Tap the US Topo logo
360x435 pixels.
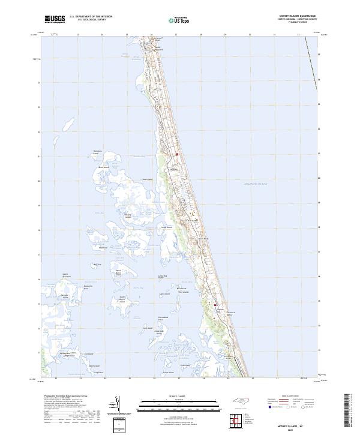pyautogui.click(x=179, y=19)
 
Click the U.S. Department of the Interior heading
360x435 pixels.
pyautogui.click(x=91, y=16)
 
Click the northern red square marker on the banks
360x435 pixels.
pyautogui.click(x=178, y=154)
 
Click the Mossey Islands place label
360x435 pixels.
pyautogui.click(x=127, y=216)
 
